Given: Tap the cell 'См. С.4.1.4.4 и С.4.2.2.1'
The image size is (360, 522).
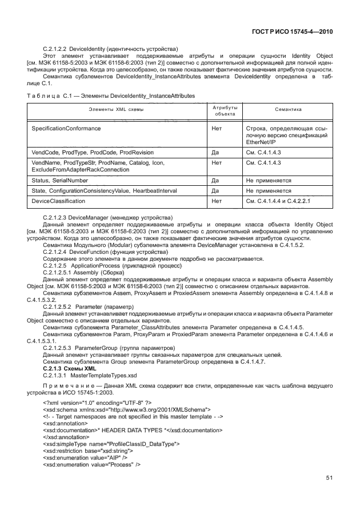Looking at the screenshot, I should (277, 201).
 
